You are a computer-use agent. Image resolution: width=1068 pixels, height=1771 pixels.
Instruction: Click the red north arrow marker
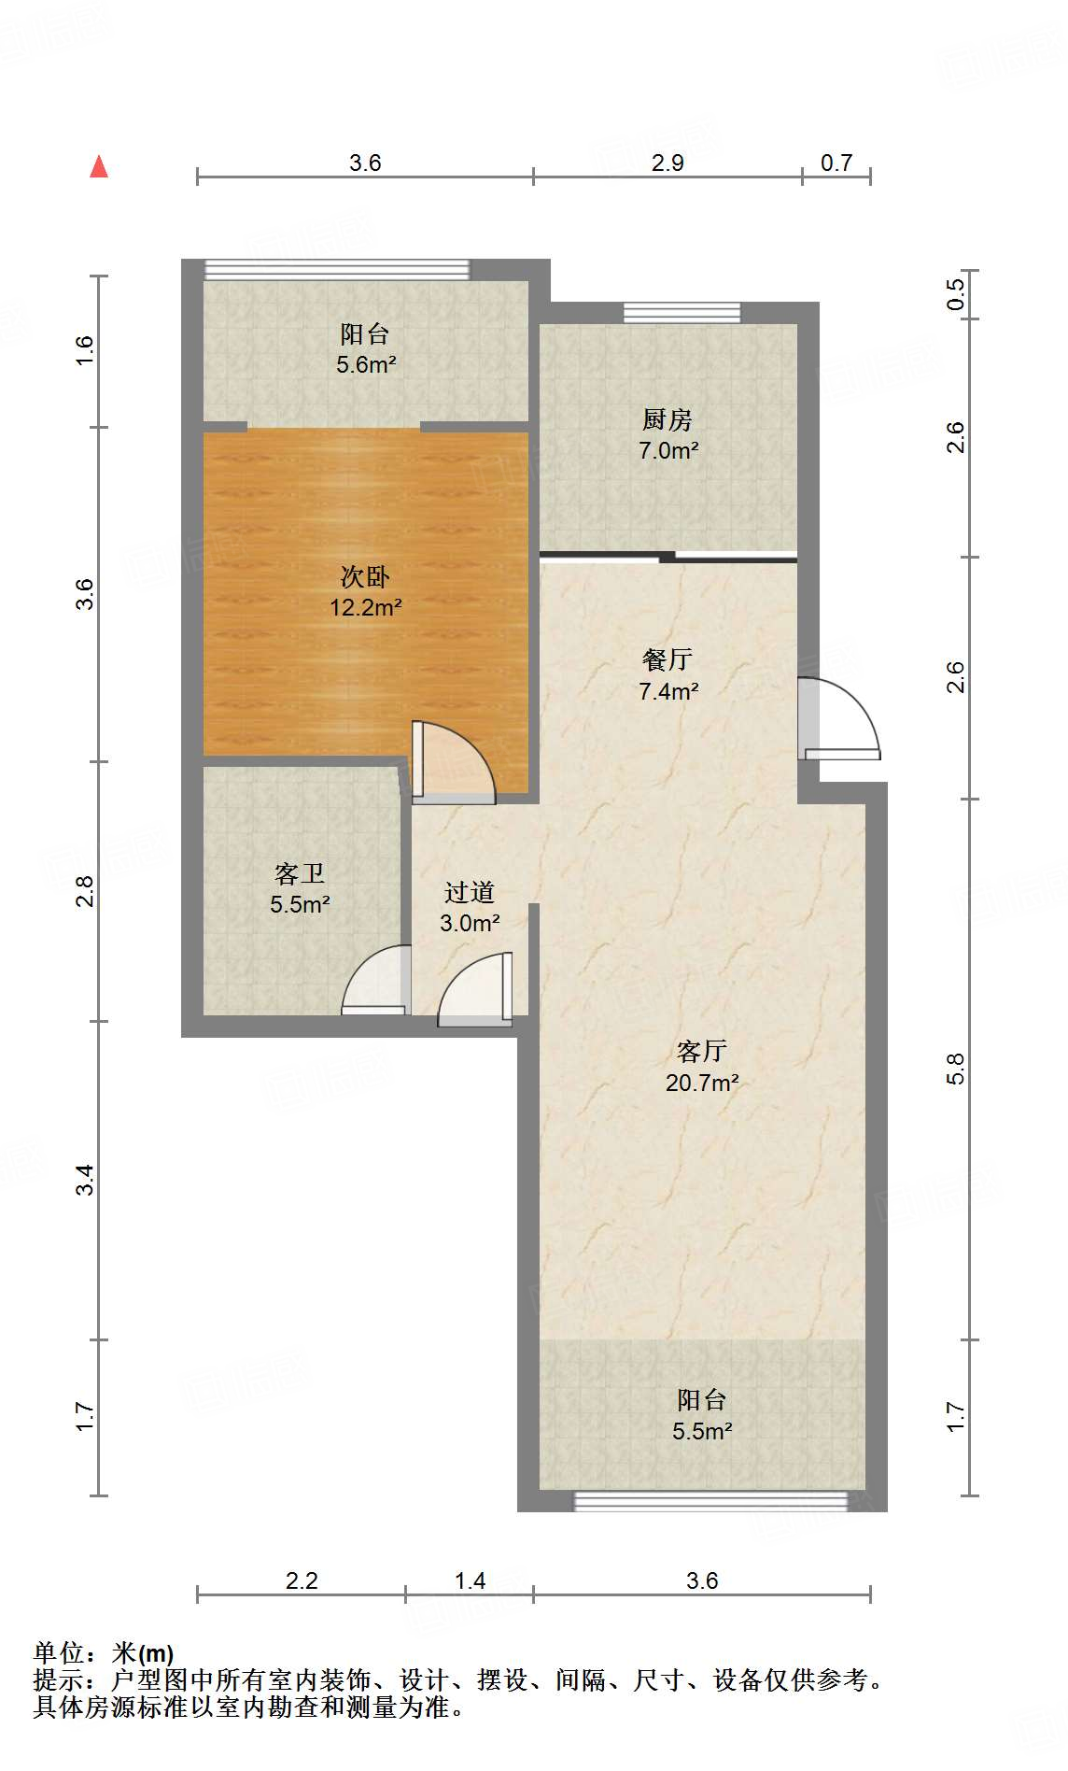click(99, 166)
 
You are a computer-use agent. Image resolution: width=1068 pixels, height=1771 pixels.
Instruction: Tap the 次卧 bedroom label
click(365, 576)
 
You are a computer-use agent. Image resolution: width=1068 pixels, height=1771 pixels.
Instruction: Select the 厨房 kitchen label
click(667, 419)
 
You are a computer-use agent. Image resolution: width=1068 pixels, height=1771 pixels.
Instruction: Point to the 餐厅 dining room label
click(667, 659)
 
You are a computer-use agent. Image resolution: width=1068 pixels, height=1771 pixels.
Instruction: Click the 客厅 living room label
click(702, 1051)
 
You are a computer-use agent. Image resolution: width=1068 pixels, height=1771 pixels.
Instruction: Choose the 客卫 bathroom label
click(300, 873)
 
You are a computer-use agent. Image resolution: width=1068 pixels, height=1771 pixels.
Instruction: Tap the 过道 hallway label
click(470, 892)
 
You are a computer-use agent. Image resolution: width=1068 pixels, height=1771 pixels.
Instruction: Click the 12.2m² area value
click(365, 607)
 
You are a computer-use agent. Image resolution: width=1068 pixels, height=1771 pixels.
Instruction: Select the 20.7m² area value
click(702, 1083)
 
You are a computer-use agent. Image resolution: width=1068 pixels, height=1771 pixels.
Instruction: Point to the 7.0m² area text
click(668, 450)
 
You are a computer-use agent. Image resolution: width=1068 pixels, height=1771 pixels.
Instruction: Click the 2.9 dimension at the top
click(667, 163)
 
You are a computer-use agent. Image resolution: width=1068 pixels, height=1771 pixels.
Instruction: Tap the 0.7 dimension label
click(836, 163)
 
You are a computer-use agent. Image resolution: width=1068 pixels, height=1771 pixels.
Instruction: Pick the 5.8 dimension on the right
click(955, 1069)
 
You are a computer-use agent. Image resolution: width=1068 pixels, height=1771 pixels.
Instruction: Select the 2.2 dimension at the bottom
click(302, 1580)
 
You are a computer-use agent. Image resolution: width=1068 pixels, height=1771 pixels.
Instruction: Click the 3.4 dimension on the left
click(85, 1180)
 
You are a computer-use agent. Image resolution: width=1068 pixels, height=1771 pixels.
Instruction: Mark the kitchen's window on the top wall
click(682, 313)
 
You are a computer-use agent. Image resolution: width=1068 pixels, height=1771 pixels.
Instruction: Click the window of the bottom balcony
click(711, 1501)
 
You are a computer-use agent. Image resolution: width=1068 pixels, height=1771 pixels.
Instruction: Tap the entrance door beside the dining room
click(838, 717)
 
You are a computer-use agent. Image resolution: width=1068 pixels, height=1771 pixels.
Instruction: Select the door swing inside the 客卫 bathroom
click(376, 980)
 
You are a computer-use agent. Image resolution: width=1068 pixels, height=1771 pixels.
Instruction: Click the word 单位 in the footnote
click(59, 1653)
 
